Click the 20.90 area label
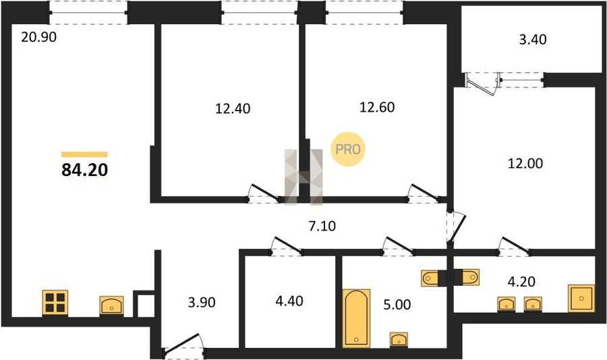tap(38, 37)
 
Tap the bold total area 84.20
tap(84, 170)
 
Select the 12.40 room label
tap(233, 109)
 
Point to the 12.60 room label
tap(377, 107)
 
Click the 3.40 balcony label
tap(533, 40)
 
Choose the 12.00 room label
tap(525, 163)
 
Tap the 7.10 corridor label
tap(322, 226)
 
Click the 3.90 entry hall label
tap(202, 302)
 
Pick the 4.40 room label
tap(289, 301)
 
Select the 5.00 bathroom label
tap(397, 305)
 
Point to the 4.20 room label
tap(521, 281)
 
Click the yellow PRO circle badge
tap(348, 150)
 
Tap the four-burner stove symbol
tap(55, 303)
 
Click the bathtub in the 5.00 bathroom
tap(357, 318)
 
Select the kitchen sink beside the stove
tap(111, 306)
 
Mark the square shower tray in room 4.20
tap(581, 298)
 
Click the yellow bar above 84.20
tap(84, 154)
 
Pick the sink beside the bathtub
tap(399, 340)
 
